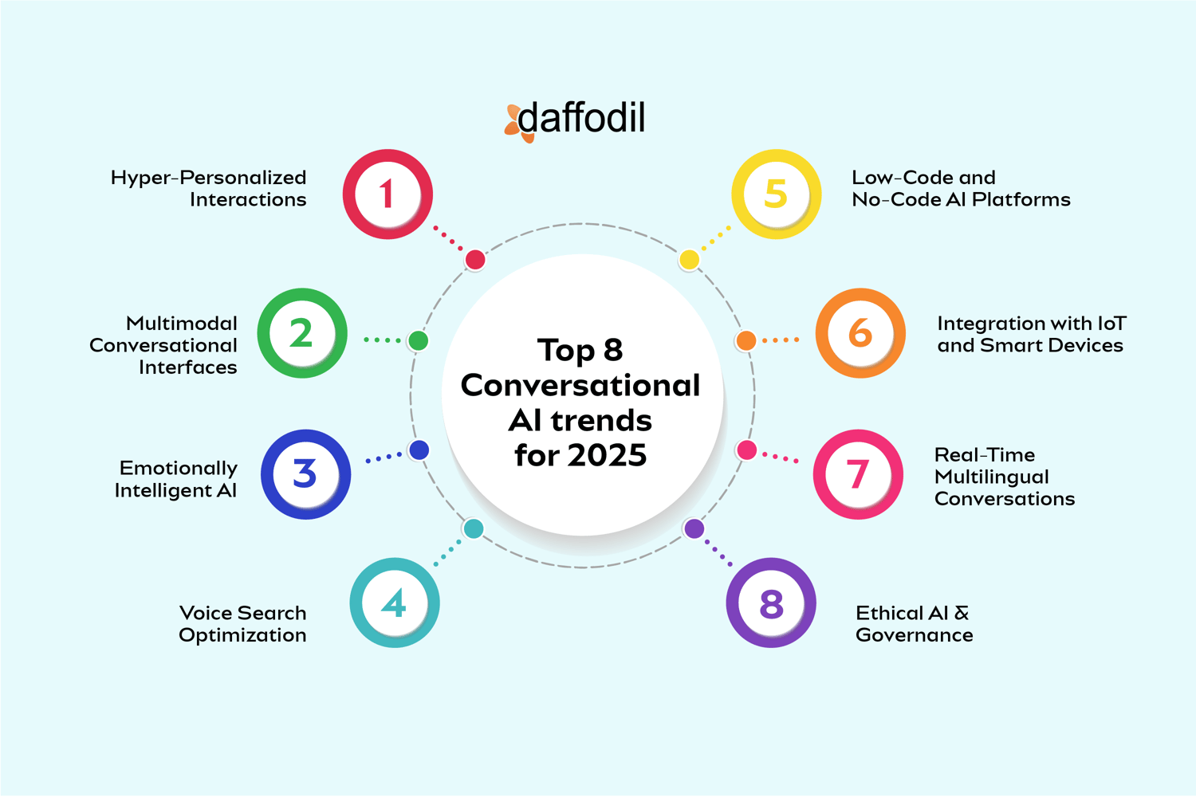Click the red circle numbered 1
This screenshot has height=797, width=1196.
388,194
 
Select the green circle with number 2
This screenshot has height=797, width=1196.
302,333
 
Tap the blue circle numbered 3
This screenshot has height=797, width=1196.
306,474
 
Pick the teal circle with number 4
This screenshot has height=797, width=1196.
395,603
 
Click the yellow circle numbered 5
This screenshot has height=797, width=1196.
777,194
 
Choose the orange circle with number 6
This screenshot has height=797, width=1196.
860,333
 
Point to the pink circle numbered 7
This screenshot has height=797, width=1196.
858,474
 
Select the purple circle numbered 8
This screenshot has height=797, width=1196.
771,603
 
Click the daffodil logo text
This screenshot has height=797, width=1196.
581,119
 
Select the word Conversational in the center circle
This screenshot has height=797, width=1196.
580,385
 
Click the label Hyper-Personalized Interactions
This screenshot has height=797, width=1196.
209,188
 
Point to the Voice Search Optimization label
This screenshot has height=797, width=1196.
242,624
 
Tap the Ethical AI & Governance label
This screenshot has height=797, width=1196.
914,624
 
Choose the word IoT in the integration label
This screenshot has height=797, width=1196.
1111,324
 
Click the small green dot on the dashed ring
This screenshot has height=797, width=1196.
418,341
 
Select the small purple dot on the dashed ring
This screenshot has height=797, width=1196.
694,528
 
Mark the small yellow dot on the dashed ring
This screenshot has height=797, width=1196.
690,260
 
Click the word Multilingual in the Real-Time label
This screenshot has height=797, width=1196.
991,477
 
